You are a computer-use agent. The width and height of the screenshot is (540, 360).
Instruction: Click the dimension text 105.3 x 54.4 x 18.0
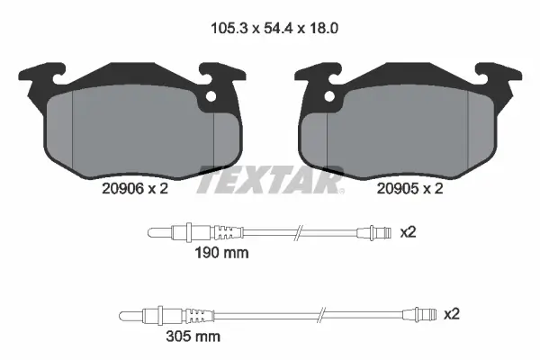click(274, 28)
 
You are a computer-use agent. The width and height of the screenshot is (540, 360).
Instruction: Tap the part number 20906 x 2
click(135, 188)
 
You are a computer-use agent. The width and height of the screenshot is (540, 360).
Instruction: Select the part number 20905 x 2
click(409, 188)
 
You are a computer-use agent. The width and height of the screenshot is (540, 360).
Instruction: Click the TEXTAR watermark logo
click(270, 179)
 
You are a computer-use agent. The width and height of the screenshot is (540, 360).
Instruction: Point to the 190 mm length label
click(221, 253)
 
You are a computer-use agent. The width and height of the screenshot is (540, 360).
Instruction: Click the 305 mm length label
click(193, 337)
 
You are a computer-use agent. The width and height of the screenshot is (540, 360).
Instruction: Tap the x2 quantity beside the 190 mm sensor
click(408, 232)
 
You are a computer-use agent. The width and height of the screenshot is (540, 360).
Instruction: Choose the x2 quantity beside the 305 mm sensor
click(452, 314)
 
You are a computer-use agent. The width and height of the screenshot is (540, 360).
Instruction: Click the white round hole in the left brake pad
click(211, 97)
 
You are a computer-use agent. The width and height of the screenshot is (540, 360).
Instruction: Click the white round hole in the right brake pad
click(329, 97)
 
